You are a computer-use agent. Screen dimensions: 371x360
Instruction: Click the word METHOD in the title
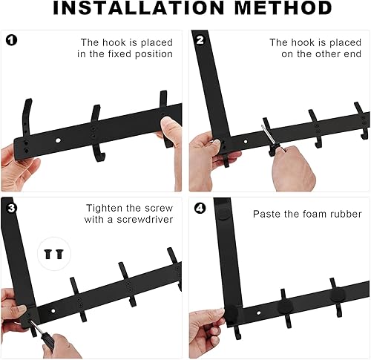283,7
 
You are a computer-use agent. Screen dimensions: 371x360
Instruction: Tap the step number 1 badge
11,40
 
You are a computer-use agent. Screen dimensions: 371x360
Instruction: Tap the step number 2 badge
200,40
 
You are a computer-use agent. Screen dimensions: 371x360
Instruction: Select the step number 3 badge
11,209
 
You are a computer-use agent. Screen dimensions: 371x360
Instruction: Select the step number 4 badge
200,209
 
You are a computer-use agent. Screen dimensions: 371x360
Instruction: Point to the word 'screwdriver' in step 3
145,220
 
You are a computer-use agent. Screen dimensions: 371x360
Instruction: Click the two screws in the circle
54,254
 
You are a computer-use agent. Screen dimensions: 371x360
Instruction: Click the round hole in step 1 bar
58,140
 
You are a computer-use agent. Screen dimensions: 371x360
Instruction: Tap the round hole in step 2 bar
246,142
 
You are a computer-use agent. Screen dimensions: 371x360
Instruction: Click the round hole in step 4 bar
259,313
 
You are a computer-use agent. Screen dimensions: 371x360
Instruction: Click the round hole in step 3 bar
53,311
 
